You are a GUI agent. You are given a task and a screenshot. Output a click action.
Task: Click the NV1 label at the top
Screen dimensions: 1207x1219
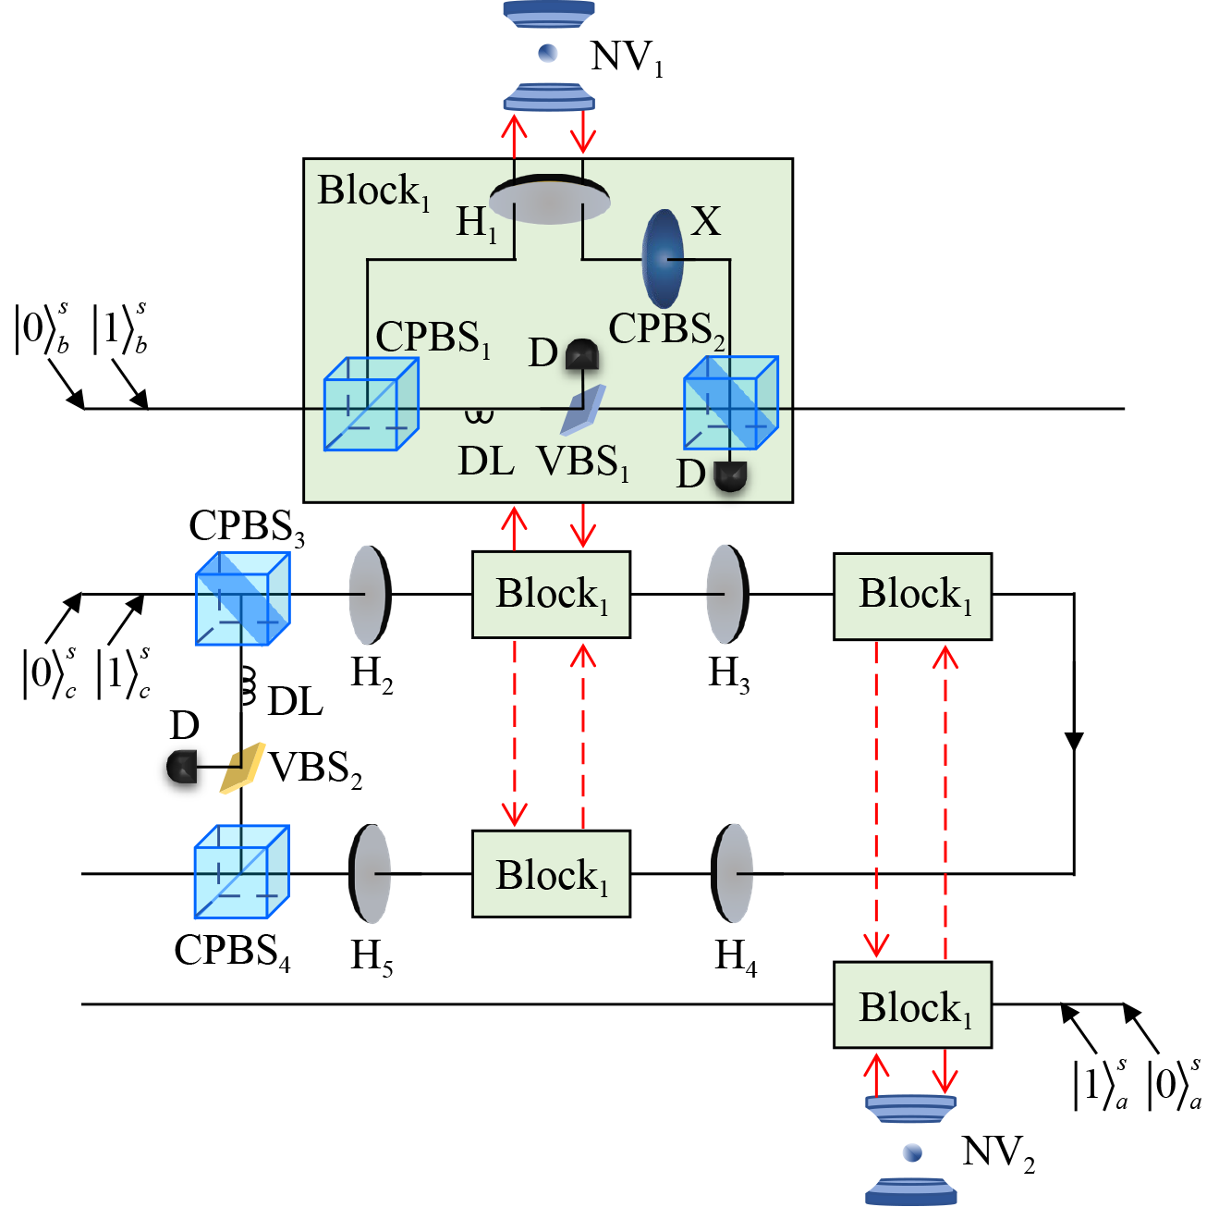click(626, 57)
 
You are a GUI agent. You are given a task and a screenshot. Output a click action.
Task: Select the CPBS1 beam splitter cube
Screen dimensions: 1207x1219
click(371, 404)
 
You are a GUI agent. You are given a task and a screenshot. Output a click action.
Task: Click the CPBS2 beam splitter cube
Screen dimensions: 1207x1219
click(730, 403)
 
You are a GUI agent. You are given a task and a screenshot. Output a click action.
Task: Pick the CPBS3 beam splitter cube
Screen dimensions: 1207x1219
click(242, 598)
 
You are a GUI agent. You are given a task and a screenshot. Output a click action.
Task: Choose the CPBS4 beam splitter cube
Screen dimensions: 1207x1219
click(241, 871)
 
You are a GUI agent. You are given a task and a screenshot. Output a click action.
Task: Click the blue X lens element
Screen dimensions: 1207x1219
click(663, 258)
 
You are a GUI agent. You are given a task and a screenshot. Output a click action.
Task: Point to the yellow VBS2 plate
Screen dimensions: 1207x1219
click(242, 768)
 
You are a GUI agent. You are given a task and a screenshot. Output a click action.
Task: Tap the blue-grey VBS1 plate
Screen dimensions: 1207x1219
click(582, 410)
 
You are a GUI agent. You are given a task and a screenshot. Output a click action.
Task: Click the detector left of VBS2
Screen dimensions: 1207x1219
click(182, 767)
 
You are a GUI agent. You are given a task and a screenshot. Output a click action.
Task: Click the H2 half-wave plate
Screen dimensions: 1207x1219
click(371, 594)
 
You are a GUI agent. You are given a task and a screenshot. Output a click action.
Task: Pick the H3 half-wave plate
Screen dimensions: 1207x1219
click(728, 594)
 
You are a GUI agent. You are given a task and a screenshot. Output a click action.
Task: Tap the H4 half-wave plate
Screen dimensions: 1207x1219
click(732, 873)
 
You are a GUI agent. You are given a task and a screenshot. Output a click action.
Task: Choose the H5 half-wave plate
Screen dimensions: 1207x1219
click(370, 873)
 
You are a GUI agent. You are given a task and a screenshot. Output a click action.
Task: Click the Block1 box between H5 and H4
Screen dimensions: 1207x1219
click(551, 874)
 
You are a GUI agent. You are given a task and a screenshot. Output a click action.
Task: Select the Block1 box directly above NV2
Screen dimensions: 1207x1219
click(912, 1005)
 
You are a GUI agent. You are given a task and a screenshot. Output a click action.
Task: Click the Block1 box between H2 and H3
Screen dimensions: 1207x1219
click(551, 595)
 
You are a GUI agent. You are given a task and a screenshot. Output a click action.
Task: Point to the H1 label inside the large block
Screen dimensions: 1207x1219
click(476, 223)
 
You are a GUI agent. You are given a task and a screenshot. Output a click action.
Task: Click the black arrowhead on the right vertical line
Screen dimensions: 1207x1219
click(1074, 742)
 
